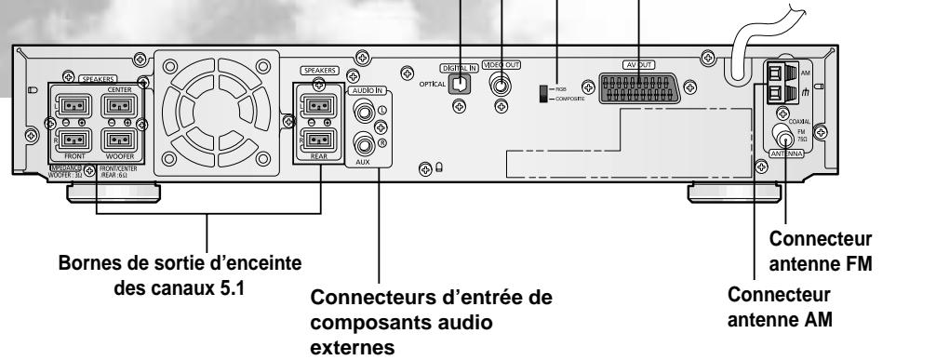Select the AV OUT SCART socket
(x=639, y=86)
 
